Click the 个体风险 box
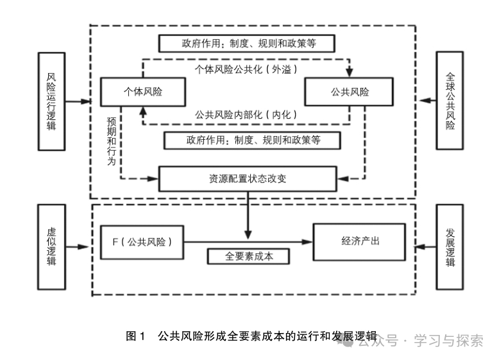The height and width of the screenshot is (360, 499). [x=142, y=92]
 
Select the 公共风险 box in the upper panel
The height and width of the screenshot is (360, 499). [x=349, y=92]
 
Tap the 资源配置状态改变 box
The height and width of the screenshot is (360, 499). [x=247, y=178]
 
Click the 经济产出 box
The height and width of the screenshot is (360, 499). [x=360, y=241]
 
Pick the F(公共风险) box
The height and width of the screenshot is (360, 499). [x=142, y=242]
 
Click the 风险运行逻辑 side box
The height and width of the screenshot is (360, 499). [x=52, y=101]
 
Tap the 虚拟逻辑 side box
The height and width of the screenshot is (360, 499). [x=52, y=246]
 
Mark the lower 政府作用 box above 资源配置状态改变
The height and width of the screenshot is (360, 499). [x=252, y=140]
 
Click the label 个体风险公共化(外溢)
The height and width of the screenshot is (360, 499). [x=246, y=67]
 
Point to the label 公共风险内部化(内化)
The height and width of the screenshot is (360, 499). [x=246, y=114]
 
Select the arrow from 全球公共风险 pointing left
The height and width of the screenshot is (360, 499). [x=426, y=101]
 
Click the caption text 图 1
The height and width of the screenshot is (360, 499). [x=135, y=336]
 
